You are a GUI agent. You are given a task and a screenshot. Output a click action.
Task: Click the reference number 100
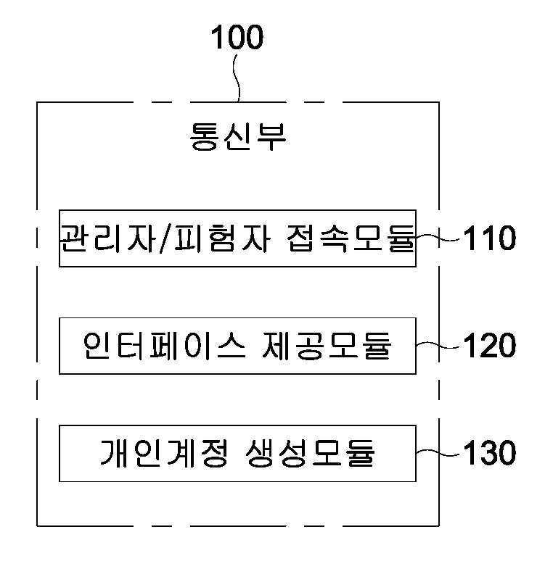(x=237, y=37)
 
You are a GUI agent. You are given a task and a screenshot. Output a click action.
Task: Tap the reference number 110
(x=490, y=238)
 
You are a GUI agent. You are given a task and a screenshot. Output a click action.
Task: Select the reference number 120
(x=490, y=345)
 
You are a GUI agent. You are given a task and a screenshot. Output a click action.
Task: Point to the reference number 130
(x=490, y=452)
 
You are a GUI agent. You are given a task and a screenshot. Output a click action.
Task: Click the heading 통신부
(x=238, y=136)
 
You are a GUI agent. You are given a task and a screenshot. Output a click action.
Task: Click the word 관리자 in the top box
(x=107, y=238)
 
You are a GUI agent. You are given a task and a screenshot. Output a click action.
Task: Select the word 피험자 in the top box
(x=221, y=238)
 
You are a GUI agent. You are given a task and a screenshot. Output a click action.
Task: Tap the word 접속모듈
(x=351, y=238)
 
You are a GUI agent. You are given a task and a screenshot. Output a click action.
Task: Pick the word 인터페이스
(x=164, y=346)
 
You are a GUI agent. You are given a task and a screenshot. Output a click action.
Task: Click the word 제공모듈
(x=327, y=346)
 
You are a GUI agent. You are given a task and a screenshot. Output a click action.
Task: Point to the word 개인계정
(x=164, y=453)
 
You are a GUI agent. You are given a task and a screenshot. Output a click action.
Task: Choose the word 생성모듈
(x=310, y=453)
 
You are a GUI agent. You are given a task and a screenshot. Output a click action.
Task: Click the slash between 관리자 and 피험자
(x=164, y=239)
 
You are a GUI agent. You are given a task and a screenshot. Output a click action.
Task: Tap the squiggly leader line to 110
(x=438, y=238)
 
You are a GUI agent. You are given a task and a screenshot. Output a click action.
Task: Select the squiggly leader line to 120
(x=438, y=345)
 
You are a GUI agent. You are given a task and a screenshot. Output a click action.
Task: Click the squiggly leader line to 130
(x=438, y=454)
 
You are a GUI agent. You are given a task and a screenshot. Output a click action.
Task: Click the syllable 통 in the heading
(x=204, y=136)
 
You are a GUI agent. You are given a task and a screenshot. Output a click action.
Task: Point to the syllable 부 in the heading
(x=271, y=136)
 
